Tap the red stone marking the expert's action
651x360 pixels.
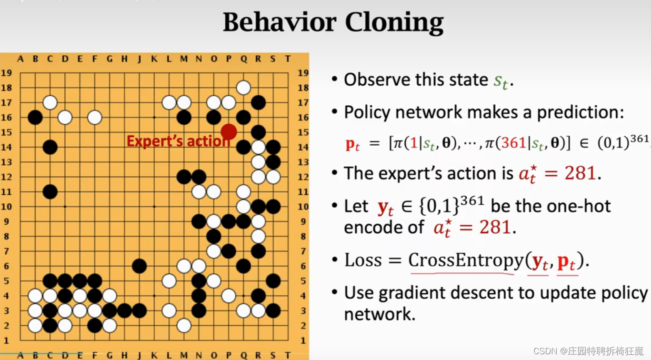[x=229, y=132]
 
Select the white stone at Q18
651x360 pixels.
[x=243, y=88]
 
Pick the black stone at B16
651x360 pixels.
[x=35, y=117]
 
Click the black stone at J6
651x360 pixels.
[x=139, y=266]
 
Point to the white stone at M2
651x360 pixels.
[x=184, y=326]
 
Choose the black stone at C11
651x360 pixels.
[x=50, y=191]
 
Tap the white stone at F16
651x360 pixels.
[x=95, y=117]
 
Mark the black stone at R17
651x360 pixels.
[x=258, y=102]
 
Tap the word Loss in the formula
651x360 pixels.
[x=363, y=260]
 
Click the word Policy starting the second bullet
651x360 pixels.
[x=364, y=112]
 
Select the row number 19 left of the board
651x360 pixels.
[x=6, y=73]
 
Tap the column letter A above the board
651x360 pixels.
[x=20, y=59]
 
